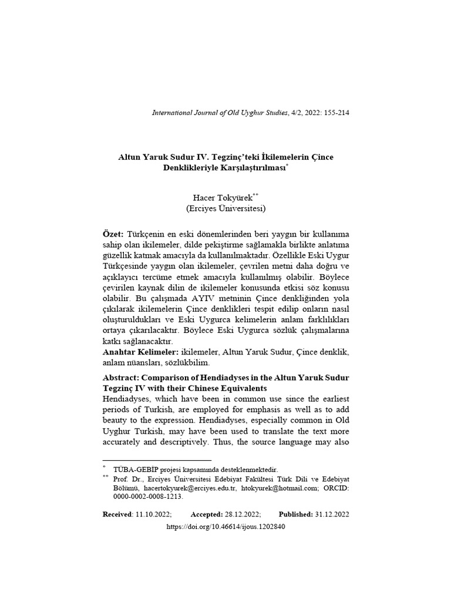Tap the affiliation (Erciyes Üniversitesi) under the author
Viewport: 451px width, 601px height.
click(226, 208)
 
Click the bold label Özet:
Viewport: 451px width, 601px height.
click(113, 234)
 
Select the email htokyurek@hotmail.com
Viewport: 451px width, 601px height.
click(281, 487)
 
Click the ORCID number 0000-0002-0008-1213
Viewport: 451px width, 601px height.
click(149, 496)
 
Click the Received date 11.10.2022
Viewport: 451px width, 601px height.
click(153, 514)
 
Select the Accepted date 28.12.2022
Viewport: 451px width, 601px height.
click(242, 514)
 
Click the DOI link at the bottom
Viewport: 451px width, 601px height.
click(226, 527)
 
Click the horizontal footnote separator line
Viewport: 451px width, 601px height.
click(157, 461)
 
